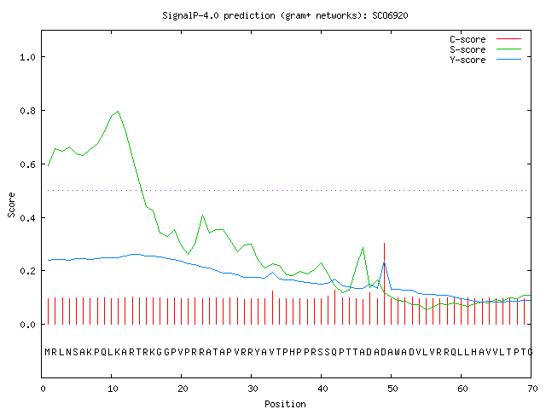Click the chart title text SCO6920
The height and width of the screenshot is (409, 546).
(x=390, y=15)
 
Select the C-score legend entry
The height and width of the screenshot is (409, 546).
(x=485, y=39)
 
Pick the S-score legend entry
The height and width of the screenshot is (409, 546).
(x=485, y=49)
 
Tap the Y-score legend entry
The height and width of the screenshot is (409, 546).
(x=485, y=60)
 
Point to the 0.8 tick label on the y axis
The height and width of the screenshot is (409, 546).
(x=27, y=111)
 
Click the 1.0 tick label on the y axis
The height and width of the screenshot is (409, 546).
(x=27, y=57)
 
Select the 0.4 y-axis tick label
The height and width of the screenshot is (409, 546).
(x=27, y=218)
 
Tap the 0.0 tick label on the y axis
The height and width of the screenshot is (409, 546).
(x=27, y=325)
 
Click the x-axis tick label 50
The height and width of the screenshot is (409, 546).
(x=392, y=389)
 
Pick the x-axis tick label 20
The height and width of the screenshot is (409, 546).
(x=183, y=389)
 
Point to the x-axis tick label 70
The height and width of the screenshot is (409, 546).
(x=532, y=389)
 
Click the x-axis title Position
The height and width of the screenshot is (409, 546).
(x=285, y=404)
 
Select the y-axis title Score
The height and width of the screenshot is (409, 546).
(x=11, y=204)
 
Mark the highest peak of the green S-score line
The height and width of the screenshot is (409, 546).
(x=119, y=112)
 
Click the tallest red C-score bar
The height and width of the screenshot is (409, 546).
(x=384, y=284)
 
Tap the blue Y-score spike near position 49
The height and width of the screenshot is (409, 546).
(x=384, y=262)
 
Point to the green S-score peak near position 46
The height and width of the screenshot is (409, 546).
(x=363, y=248)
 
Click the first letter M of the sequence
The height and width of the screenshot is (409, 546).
(x=48, y=352)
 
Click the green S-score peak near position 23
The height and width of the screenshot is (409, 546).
(x=202, y=216)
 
